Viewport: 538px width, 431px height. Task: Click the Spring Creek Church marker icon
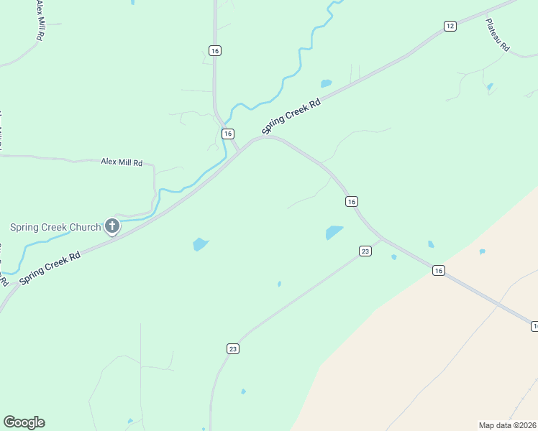[112, 227]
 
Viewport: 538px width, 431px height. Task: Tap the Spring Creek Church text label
[55, 228]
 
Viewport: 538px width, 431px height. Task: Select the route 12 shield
[450, 26]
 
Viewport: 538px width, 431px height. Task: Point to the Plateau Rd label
[497, 34]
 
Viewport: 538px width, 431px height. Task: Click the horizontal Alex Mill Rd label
[122, 163]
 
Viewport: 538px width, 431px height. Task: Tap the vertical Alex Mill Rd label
[38, 19]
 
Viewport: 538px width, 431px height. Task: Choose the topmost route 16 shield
[215, 50]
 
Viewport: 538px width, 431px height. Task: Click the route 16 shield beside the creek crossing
[227, 134]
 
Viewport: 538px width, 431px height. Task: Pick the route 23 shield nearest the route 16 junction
[365, 251]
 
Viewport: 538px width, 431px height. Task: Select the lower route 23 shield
[232, 348]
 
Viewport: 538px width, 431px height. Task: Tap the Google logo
[24, 422]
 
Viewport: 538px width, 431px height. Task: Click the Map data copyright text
[507, 425]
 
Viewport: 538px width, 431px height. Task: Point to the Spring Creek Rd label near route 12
[291, 116]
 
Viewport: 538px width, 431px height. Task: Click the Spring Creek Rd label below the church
[50, 266]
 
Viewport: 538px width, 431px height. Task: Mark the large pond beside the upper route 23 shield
[334, 232]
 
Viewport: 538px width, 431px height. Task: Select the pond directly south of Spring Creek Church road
[201, 244]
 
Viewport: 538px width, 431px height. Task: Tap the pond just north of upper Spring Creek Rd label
[326, 83]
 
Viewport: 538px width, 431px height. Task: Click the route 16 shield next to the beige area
[439, 270]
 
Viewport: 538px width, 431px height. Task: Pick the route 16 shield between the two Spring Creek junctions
[351, 202]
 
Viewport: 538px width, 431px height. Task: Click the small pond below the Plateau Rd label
[490, 88]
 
